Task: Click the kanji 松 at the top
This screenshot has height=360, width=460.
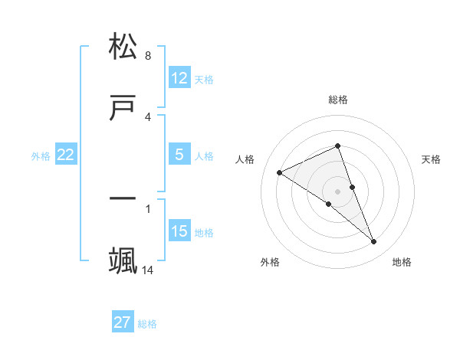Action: click(123, 47)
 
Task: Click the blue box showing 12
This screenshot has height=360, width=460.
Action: click(179, 78)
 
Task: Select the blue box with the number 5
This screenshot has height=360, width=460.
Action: click(179, 155)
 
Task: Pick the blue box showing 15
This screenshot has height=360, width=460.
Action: click(179, 231)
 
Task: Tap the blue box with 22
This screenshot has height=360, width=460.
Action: click(66, 155)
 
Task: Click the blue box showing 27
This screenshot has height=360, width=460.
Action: click(123, 322)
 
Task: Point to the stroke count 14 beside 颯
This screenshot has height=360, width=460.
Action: click(148, 270)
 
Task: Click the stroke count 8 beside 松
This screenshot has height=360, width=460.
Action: click(148, 56)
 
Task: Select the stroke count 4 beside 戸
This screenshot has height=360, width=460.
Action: click(148, 117)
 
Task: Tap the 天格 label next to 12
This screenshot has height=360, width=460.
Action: click(204, 80)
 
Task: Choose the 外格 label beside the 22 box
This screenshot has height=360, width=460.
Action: click(41, 156)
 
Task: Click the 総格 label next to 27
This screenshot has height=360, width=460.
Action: click(147, 324)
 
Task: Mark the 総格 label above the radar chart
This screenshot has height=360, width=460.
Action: click(338, 100)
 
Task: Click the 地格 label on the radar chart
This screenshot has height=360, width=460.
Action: click(402, 262)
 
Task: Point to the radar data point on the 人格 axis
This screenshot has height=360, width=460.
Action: click(279, 172)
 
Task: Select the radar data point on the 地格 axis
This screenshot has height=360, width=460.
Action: click(374, 242)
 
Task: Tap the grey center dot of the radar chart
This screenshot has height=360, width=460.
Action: click(338, 191)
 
